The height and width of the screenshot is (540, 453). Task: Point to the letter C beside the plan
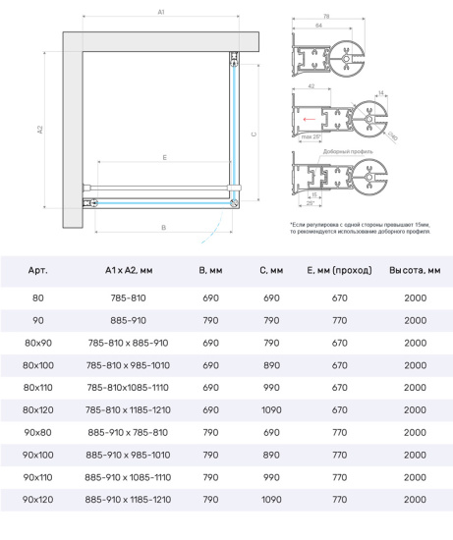coord(253,135)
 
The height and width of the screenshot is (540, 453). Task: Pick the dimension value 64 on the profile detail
coord(319,25)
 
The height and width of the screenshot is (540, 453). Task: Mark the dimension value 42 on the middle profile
coord(310,85)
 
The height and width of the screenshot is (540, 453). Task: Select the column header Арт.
coord(38,269)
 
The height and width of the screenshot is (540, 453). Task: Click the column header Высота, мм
coord(415,269)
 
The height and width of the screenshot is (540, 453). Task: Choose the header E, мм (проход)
coord(339,269)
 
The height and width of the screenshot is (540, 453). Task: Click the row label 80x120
coord(38,409)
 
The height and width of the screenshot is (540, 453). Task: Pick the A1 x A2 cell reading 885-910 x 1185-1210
coord(127,500)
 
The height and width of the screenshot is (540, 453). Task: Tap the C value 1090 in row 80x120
coord(273,409)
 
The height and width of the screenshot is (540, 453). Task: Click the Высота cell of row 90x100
coord(415,456)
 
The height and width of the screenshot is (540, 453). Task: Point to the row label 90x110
coord(38,477)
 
